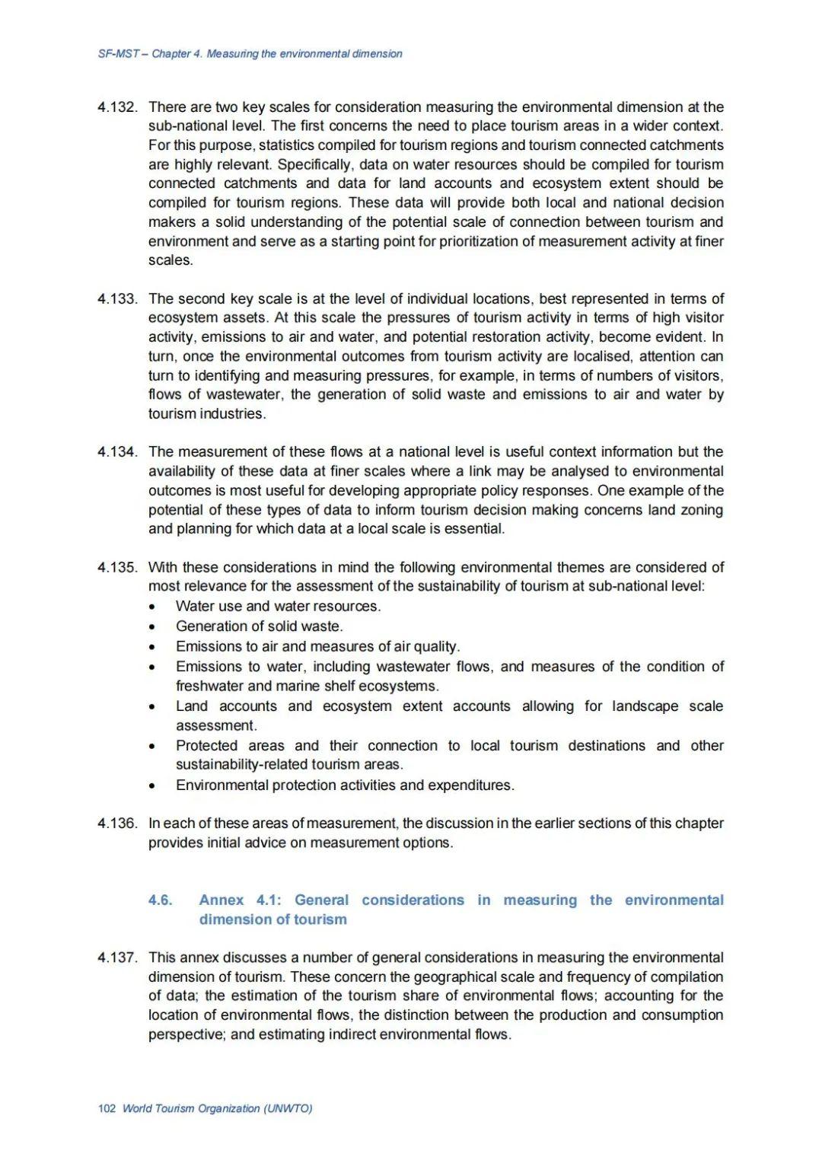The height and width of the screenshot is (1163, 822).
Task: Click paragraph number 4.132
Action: (117, 107)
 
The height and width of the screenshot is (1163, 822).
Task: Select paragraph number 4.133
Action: (117, 299)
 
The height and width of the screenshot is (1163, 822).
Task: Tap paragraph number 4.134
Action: (117, 452)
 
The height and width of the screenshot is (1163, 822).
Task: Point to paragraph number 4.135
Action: (117, 568)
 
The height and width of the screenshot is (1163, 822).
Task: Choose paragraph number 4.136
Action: (117, 824)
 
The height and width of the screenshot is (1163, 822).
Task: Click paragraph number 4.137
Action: (117, 957)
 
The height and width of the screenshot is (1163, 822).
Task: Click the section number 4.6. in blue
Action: (161, 900)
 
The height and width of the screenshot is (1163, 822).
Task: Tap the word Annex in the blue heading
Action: (221, 900)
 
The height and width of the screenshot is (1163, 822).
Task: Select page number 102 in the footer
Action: (107, 1108)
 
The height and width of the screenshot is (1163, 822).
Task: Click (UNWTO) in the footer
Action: (288, 1108)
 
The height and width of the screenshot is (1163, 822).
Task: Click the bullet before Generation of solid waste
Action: (153, 627)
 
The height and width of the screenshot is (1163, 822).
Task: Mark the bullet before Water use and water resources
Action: (153, 607)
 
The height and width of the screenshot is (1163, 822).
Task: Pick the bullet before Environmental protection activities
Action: (153, 786)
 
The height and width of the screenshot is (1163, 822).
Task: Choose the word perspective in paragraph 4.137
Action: (185, 1034)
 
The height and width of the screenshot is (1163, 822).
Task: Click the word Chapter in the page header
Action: (171, 54)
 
